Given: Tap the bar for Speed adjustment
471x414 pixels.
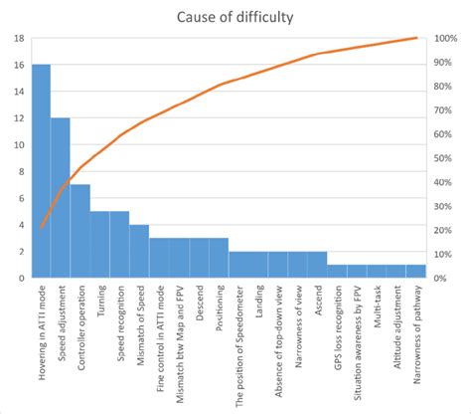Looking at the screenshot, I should pos(61,198).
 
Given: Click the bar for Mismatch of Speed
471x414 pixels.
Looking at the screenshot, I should pos(139,251).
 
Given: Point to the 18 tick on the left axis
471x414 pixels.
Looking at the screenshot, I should pos(18,39).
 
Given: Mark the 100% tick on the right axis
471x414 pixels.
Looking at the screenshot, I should pos(444,39).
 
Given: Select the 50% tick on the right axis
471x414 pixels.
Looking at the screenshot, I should pos(442,158).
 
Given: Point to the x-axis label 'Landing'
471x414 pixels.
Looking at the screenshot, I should pos(258,303).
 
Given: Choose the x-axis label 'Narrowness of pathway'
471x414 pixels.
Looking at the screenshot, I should pos(416,338).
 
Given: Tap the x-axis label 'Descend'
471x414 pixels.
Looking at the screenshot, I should pos(199,305).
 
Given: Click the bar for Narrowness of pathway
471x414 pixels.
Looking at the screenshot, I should pos(415,271).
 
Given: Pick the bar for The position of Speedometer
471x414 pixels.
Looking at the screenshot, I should pos(238,265).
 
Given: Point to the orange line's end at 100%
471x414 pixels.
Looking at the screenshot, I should pos(415,38).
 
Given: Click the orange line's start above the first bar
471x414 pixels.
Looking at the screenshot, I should pos(41,228).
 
